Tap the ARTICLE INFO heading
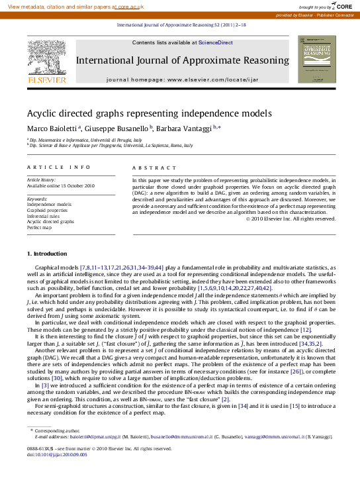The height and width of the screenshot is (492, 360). tap(50, 168)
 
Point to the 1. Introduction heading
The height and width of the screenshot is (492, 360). tap(47, 254)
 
